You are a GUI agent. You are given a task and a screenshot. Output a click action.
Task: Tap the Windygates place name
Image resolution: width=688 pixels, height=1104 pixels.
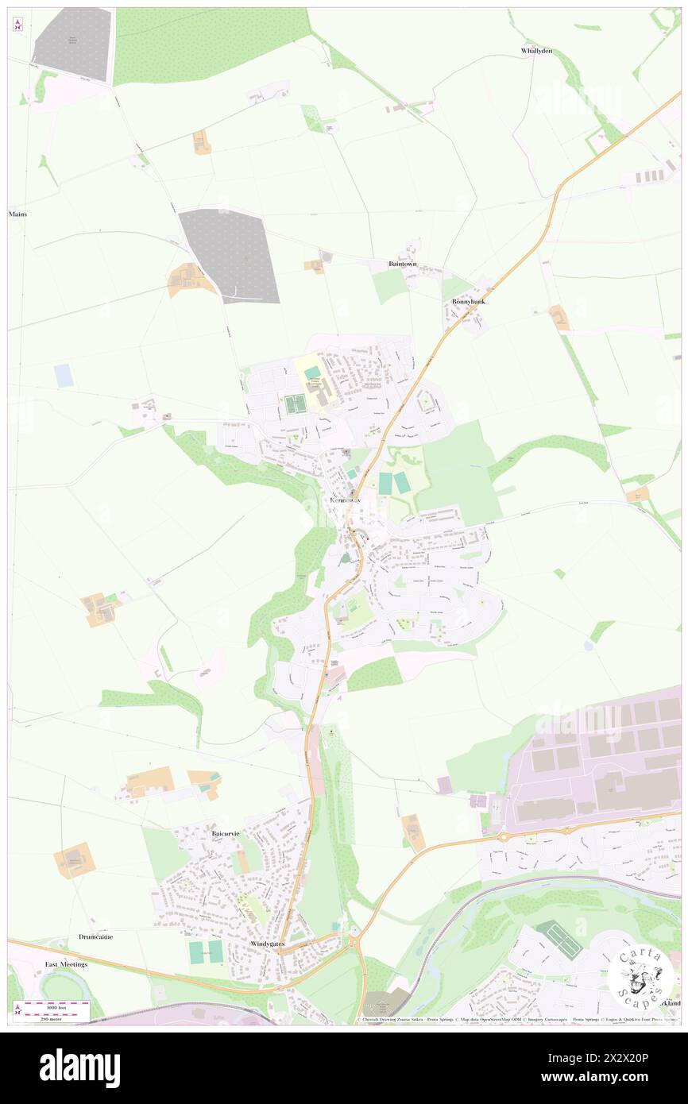coord(267,943)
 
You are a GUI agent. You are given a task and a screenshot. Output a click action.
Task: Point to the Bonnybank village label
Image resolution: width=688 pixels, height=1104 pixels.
coord(468,302)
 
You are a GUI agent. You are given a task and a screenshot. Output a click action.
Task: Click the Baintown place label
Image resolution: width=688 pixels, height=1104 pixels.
coord(403,264)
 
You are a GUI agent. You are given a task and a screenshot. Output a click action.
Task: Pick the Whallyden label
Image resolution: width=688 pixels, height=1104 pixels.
coord(536,51)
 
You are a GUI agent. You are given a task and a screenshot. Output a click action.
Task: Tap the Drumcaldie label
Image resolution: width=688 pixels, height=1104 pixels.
coord(95,936)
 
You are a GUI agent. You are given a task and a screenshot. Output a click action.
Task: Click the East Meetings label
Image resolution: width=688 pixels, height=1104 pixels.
coord(66,963)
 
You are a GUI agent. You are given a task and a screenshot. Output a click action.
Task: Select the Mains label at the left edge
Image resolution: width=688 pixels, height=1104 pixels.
coord(17,214)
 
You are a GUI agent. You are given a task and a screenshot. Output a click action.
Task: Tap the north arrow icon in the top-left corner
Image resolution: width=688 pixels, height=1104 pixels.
coord(17,25)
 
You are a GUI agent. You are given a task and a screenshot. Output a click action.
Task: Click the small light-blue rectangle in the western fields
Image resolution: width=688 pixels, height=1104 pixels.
coord(64,376)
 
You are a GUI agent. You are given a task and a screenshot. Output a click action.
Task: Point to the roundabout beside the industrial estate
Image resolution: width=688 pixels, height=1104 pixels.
coord(503,836)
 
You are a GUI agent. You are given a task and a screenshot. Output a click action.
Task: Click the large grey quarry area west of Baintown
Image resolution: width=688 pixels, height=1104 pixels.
coord(229,256)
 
